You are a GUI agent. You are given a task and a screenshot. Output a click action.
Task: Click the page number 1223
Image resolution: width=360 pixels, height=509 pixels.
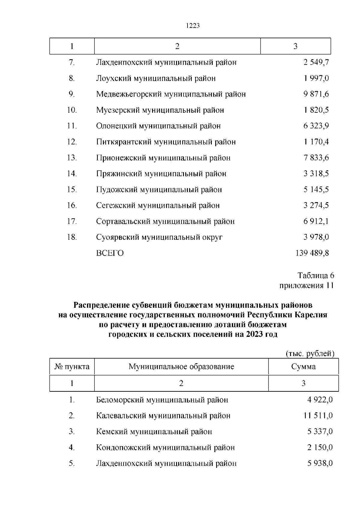tap(193, 26)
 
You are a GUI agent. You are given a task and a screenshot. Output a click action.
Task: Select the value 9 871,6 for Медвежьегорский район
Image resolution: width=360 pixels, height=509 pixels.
tap(316, 94)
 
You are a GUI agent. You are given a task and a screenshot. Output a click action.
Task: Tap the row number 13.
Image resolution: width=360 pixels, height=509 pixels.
tap(72, 158)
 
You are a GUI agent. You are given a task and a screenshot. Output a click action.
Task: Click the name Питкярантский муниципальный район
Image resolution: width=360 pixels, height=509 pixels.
tap(166, 142)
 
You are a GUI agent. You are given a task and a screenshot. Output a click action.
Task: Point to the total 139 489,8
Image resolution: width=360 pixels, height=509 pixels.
tap(312, 253)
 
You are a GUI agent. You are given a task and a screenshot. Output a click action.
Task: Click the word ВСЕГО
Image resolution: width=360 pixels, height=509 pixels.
tap(110, 253)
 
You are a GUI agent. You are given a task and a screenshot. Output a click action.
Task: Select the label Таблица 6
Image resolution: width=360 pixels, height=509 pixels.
tap(316, 275)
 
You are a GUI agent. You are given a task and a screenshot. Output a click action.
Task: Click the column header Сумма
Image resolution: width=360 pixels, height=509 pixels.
tap(303, 367)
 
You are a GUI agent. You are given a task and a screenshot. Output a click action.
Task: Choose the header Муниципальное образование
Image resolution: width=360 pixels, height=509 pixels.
tap(181, 367)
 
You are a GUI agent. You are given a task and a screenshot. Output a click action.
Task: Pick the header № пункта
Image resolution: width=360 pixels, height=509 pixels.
tap(72, 367)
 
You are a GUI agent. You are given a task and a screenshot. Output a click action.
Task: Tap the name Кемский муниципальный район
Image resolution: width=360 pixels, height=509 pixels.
tap(154, 432)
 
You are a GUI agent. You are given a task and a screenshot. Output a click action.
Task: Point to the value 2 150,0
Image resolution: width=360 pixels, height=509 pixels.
tap(320, 448)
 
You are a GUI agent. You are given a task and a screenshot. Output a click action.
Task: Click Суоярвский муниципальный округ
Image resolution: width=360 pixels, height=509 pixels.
tap(159, 237)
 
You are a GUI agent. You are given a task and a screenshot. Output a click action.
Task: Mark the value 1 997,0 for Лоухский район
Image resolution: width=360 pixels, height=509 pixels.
tap(316, 78)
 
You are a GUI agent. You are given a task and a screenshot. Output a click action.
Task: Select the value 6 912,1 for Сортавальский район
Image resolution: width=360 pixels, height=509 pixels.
tap(316, 221)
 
